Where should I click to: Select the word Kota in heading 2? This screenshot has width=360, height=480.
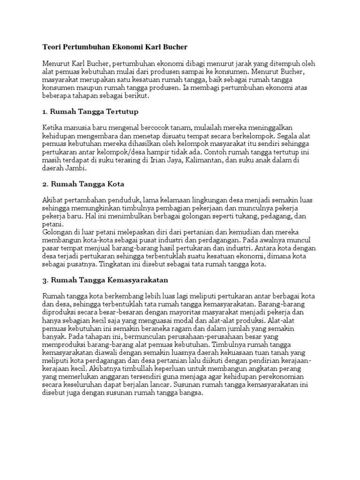(115, 183)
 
